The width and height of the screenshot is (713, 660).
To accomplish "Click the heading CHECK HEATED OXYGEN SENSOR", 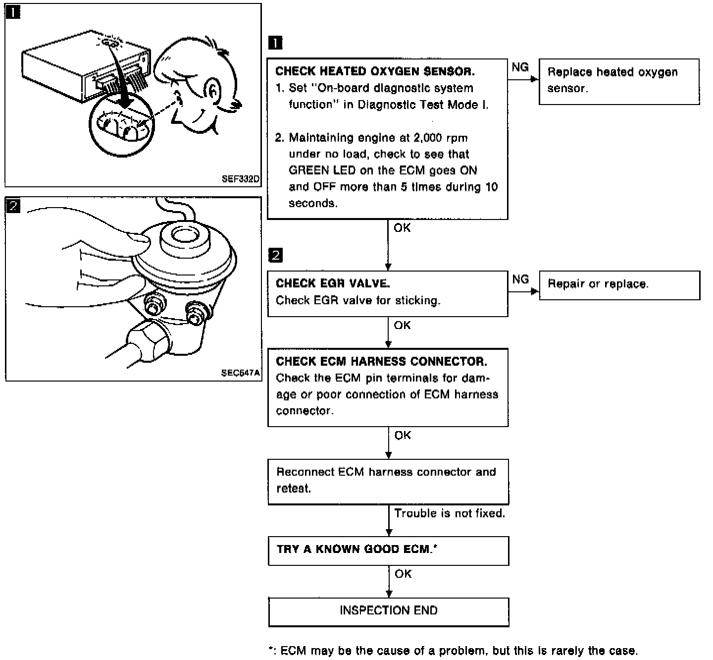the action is click(375, 71).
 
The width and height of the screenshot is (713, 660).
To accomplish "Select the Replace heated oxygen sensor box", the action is click(619, 82).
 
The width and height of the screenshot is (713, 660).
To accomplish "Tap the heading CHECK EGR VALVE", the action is click(332, 283).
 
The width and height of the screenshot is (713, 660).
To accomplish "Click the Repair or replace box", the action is click(619, 285).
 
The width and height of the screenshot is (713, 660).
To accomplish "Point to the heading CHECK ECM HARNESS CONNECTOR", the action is click(381, 361).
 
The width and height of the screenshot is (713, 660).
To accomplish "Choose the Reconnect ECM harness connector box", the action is click(389, 482).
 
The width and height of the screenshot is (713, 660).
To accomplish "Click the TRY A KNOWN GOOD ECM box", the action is click(389, 551).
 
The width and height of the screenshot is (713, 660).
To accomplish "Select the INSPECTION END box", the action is click(389, 612).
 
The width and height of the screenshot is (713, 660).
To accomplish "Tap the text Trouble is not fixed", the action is click(450, 513).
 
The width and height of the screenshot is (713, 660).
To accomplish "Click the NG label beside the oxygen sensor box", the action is click(520, 67).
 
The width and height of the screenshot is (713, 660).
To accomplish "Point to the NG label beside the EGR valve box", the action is click(520, 279).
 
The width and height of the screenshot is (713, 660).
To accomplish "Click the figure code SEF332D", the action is click(240, 179).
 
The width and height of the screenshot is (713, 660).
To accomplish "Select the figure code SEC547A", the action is click(240, 373).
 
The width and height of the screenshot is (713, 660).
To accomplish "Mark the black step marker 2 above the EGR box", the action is click(275, 255).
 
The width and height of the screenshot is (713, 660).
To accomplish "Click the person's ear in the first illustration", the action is click(212, 91).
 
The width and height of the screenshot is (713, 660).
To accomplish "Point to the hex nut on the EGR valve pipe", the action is click(147, 340).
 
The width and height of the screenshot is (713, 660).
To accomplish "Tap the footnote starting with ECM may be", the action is click(453, 651).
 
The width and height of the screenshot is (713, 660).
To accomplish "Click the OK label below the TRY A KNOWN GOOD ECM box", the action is click(403, 574).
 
